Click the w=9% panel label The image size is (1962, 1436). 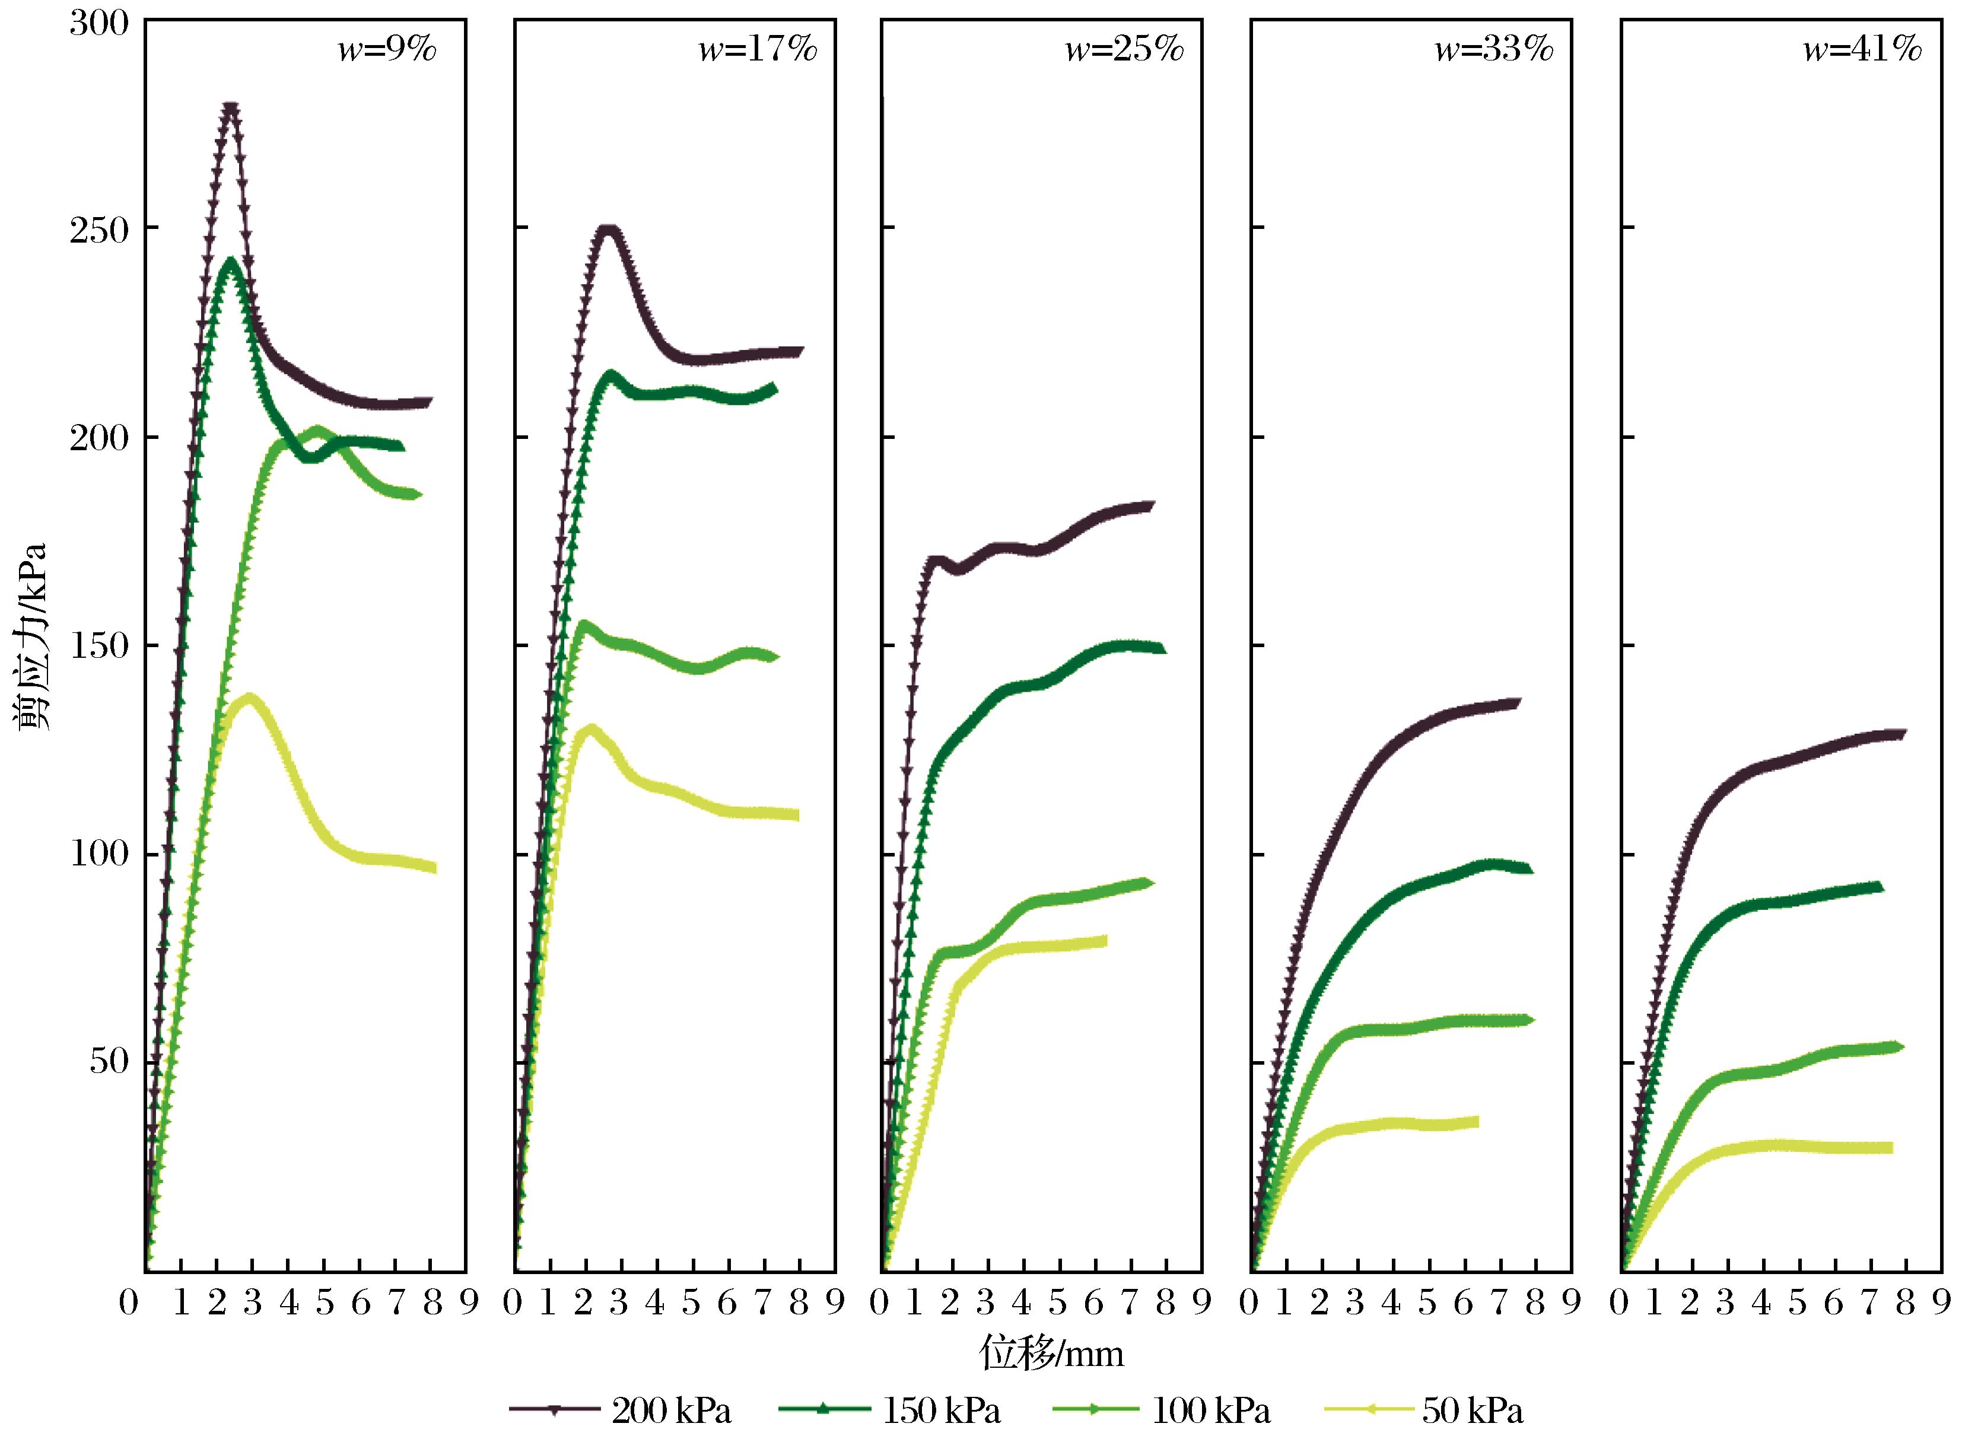(x=387, y=50)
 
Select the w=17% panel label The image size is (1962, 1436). (x=758, y=50)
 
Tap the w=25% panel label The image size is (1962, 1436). (x=1125, y=50)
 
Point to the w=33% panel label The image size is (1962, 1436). (x=1493, y=50)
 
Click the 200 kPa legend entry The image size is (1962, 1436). (x=620, y=1410)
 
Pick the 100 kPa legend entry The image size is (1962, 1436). (x=1162, y=1410)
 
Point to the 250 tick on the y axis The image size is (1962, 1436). (x=98, y=228)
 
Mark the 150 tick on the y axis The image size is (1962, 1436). (x=98, y=646)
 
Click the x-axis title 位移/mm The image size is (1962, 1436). (x=1052, y=1354)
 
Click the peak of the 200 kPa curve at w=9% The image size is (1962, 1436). (x=230, y=108)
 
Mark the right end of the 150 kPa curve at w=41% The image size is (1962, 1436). (x=1878, y=887)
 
